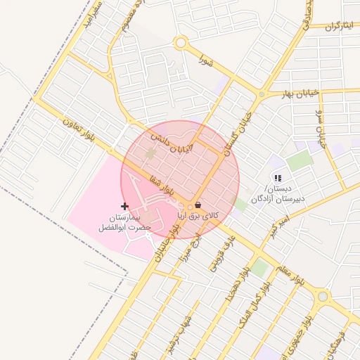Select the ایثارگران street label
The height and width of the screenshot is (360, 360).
339,27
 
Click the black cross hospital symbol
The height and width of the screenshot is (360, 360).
125,206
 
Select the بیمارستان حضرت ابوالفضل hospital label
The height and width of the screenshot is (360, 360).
122,224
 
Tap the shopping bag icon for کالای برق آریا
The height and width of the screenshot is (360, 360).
198,205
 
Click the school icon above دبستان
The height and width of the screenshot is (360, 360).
278,179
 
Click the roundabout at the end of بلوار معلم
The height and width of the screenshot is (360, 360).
323,297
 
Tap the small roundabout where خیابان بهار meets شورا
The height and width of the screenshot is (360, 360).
262,94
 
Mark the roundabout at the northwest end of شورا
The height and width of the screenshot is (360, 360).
181,43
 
